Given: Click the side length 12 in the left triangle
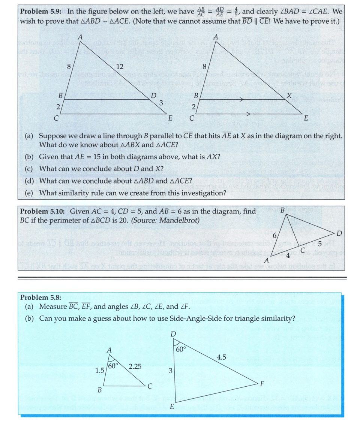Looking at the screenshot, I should (x=120, y=67).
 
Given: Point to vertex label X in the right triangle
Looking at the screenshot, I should (x=288, y=96).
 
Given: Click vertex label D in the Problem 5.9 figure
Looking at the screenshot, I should (x=153, y=96).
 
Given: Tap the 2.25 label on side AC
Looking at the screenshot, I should (x=135, y=366).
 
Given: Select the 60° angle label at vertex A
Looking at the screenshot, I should (x=113, y=366).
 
